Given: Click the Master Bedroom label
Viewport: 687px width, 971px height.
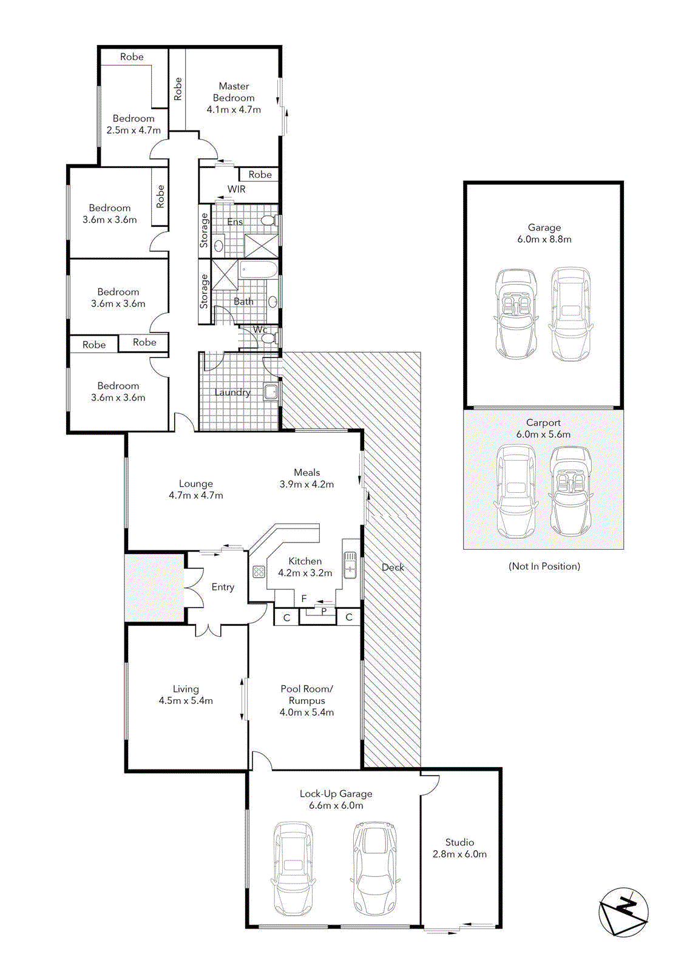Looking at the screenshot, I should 234,92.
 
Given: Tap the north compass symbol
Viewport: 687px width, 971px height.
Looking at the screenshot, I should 624,912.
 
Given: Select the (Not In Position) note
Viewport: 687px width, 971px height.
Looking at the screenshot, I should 544,566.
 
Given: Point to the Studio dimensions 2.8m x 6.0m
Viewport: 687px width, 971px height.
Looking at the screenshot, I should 459,854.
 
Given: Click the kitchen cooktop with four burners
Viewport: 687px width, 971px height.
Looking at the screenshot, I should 259,572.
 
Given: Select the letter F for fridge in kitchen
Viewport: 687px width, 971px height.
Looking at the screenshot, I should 304,598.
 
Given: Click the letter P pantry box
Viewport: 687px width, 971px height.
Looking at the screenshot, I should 324,611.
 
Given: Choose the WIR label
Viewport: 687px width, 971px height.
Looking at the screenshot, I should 237,189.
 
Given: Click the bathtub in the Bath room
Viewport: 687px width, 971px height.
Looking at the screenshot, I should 258,269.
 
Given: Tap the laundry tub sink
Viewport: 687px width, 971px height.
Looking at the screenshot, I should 271,391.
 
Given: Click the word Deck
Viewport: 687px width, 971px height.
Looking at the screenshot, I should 393,567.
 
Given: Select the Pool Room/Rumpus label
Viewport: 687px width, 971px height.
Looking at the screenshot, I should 306,695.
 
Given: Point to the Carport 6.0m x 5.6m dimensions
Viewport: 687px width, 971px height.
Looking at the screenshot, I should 543,435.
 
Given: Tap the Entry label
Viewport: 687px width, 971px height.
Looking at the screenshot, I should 223,587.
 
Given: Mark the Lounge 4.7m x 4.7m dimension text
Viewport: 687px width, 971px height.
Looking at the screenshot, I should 196,495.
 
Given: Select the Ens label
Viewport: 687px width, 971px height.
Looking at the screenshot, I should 235,222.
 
